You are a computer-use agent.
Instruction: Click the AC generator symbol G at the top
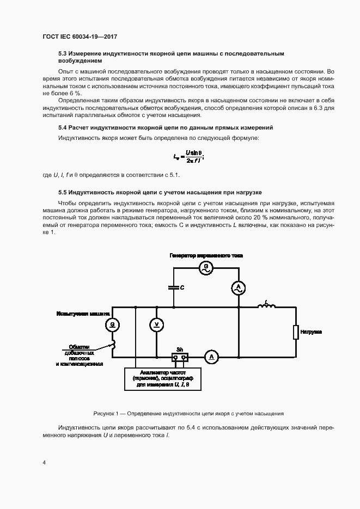(206, 267)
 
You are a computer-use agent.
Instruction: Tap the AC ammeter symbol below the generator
(237, 288)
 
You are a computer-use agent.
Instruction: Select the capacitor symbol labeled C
(174, 287)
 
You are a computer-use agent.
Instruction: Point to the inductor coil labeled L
(266, 306)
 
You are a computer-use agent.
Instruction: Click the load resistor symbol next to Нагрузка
(296, 332)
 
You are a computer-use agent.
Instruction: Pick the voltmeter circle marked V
(156, 324)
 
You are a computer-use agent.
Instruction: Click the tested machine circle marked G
(112, 324)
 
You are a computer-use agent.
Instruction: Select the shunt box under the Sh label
(180, 357)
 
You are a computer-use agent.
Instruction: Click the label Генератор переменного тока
(206, 255)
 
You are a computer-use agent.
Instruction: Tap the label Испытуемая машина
(83, 314)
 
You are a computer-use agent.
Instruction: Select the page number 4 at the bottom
(44, 462)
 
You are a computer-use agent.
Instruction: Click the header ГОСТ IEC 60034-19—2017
(80, 36)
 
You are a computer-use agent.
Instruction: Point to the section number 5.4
(63, 127)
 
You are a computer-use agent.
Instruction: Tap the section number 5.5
(63, 193)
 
